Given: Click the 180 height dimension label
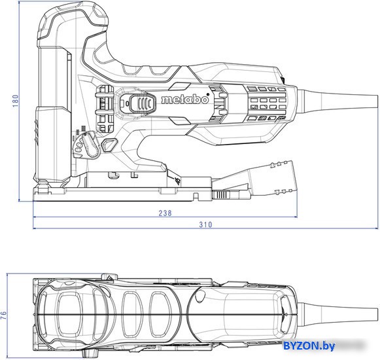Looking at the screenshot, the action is click(15, 101).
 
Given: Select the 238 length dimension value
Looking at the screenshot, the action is click(165, 213).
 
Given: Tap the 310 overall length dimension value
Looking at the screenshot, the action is click(205, 225).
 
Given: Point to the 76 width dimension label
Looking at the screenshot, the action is click(4, 315).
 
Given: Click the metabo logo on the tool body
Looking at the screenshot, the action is click(184, 99).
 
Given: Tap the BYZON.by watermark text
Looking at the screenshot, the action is click(309, 346).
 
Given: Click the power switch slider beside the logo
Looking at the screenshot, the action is click(143, 103).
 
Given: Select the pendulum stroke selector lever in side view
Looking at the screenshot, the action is click(90, 145).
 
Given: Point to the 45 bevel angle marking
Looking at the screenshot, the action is click(178, 181).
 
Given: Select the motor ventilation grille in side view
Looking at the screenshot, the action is click(268, 103).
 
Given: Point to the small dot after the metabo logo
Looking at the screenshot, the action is click(208, 94).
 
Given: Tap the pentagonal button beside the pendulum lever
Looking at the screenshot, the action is click(109, 145).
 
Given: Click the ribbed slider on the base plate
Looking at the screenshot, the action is click(221, 194).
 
